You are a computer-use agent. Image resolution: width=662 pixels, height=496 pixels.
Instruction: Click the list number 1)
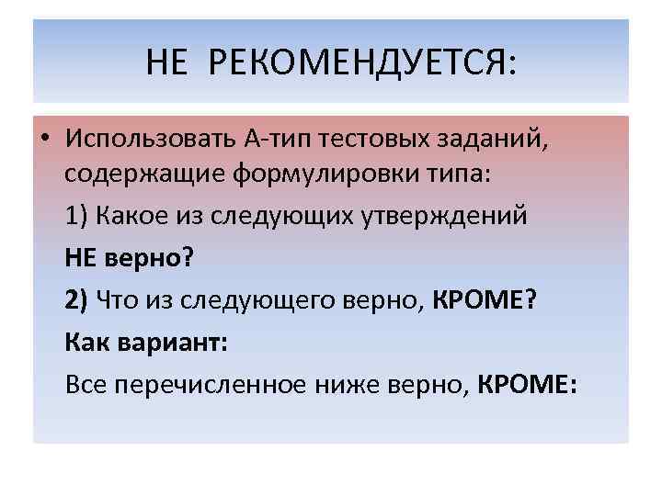coord(76,216)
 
